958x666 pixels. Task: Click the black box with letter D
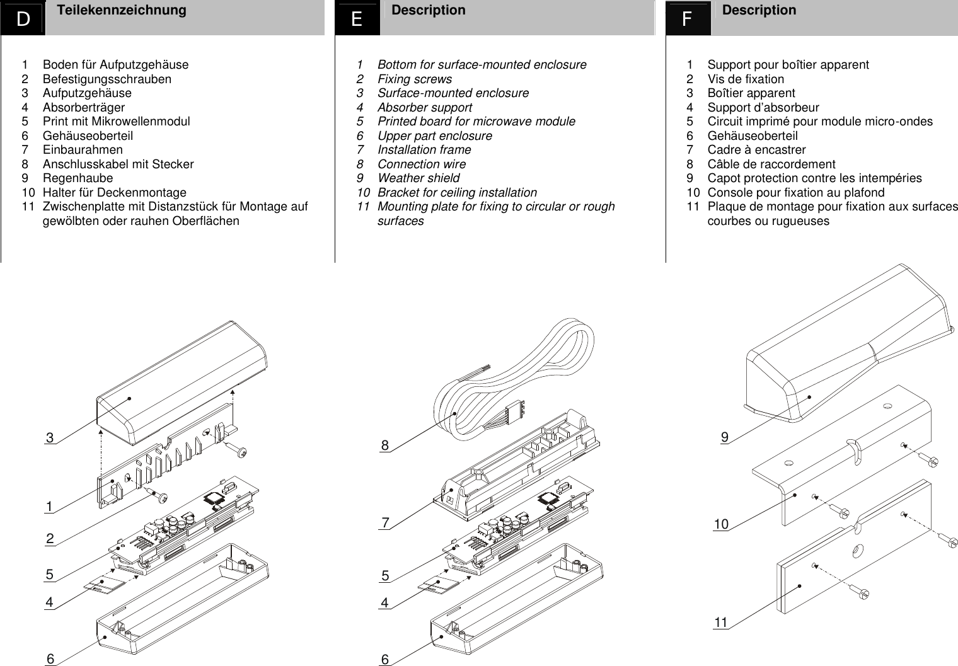[x=23, y=20]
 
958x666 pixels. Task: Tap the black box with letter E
[x=357, y=20]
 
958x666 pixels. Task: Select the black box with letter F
[x=688, y=20]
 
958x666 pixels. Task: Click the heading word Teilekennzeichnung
[x=121, y=10]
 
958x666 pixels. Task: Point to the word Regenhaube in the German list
[x=78, y=178]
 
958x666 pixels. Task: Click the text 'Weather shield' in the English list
[x=418, y=178]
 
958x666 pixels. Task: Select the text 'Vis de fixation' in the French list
[x=746, y=79]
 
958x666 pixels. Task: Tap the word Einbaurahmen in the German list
[x=83, y=150]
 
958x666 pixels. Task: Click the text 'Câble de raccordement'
[x=771, y=164]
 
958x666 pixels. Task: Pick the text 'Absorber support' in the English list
[x=424, y=108]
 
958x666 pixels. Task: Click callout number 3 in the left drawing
[x=50, y=438]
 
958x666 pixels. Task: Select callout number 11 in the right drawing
[x=721, y=623]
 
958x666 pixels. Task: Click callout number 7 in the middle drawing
[x=386, y=522]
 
